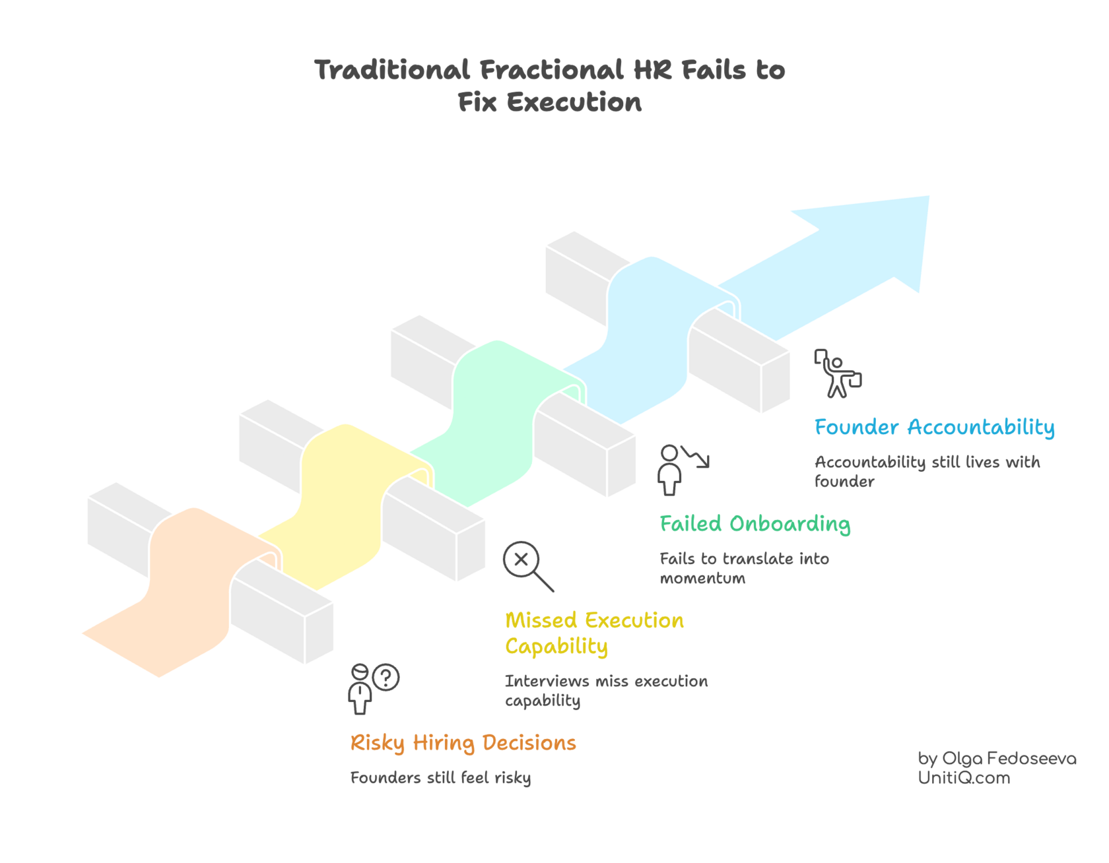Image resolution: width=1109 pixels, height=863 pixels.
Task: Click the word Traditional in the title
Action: pyautogui.click(x=392, y=70)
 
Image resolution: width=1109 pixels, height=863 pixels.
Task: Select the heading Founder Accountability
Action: pyautogui.click(x=934, y=428)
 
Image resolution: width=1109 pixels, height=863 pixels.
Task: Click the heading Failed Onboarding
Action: pyautogui.click(x=755, y=524)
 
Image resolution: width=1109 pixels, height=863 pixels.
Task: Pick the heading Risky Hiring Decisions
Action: pyautogui.click(x=463, y=743)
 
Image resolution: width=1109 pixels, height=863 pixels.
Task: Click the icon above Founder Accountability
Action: pyautogui.click(x=837, y=373)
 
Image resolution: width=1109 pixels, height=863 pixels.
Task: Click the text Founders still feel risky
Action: pyautogui.click(x=440, y=777)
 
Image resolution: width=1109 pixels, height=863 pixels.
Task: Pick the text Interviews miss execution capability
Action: pyautogui.click(x=606, y=690)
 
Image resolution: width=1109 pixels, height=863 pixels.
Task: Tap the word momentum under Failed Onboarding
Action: pyautogui.click(x=702, y=579)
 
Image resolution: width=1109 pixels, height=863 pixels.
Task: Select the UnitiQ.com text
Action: pyautogui.click(x=963, y=778)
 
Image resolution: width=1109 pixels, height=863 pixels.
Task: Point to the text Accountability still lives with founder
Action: pyautogui.click(x=927, y=471)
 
